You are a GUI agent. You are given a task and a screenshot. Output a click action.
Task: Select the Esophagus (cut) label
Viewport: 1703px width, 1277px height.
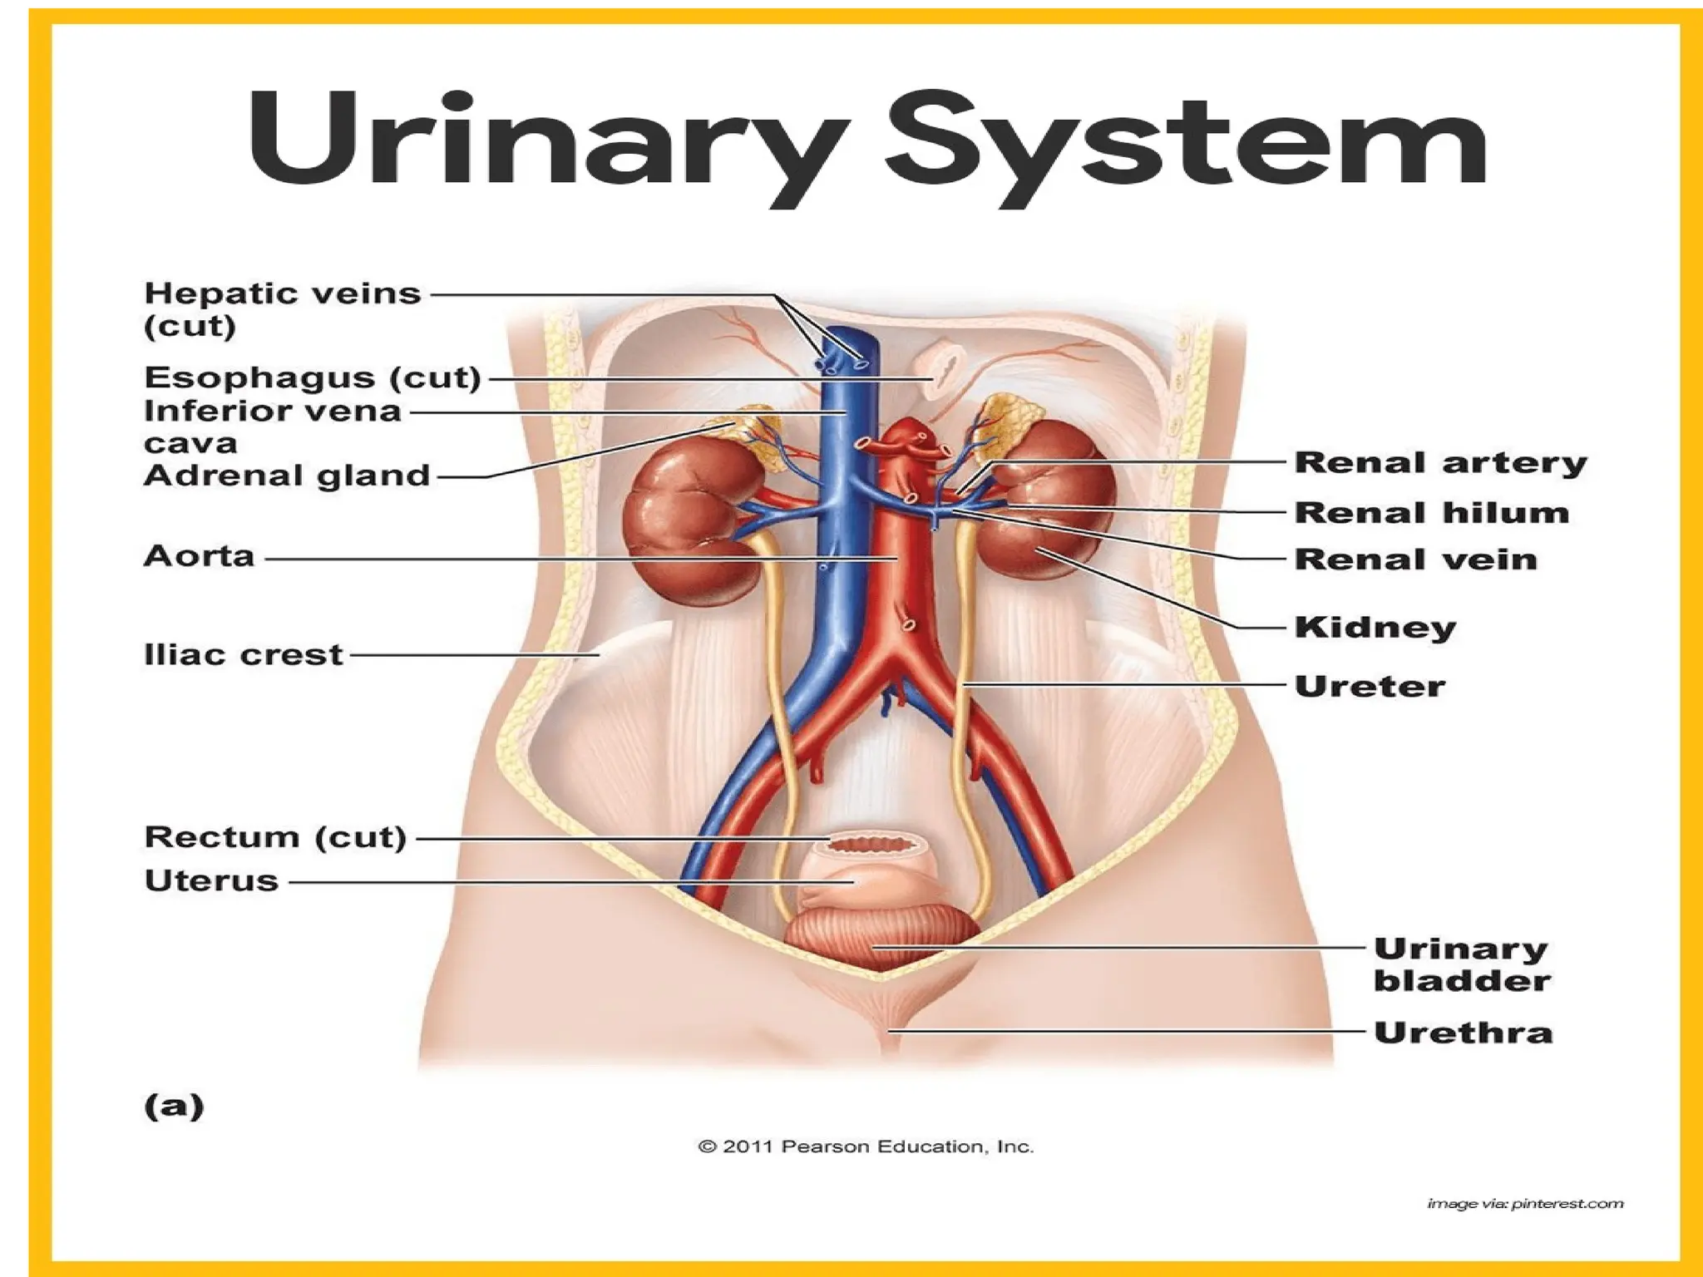[313, 377]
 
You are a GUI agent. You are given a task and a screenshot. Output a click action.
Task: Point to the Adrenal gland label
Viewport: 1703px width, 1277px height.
[287, 476]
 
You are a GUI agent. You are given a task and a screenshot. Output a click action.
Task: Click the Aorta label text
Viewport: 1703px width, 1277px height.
[199, 556]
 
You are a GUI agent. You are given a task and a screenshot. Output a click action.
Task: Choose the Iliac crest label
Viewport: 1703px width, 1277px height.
[243, 655]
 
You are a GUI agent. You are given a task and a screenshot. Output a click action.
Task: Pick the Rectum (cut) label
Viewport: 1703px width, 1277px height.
[275, 837]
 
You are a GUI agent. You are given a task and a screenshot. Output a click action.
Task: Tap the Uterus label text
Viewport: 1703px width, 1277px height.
[211, 880]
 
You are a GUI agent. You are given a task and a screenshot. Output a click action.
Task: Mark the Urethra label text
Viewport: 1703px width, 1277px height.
[1463, 1033]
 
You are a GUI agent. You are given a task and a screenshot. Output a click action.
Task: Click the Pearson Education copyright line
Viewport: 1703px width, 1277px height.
[866, 1147]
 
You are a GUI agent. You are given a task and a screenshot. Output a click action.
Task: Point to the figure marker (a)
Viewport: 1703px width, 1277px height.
[174, 1106]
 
